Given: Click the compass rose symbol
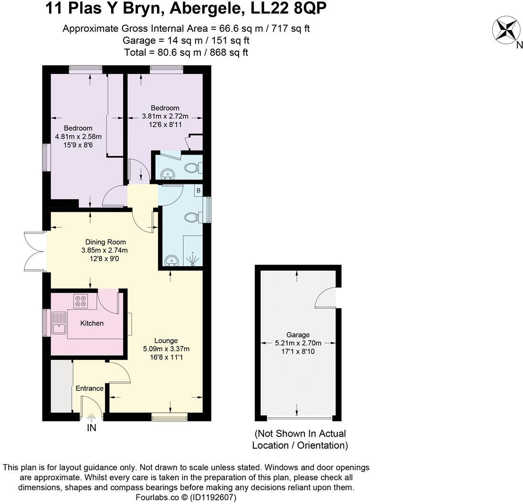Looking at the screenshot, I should [505, 29].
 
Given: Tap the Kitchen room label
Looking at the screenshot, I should [92, 323].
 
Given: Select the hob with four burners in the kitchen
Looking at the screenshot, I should [80, 301].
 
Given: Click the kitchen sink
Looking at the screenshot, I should [60, 323].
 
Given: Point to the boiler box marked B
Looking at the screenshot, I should [198, 190].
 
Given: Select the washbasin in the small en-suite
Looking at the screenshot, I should [167, 173].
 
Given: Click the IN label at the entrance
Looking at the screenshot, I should [91, 428].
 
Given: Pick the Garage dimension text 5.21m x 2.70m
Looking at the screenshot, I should [298, 343].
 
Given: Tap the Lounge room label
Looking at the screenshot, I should [166, 340].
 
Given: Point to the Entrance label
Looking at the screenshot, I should [89, 388].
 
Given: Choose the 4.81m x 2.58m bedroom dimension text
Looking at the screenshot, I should [78, 136].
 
